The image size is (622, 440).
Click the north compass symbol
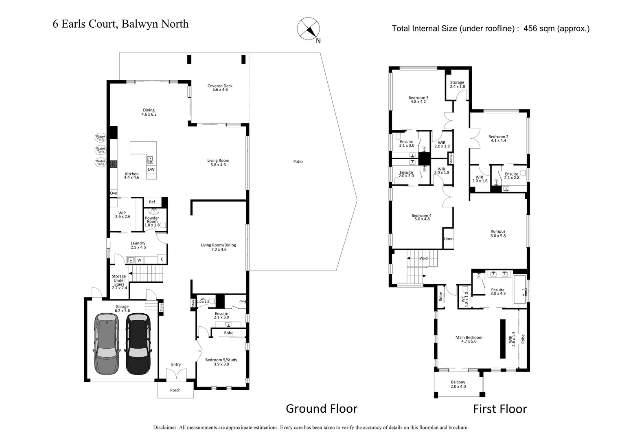tap(308, 29)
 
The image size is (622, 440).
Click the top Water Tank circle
tap(100, 138)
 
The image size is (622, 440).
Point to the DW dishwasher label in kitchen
tap(151, 169)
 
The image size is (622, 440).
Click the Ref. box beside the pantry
tap(152, 202)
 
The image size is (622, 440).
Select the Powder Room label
tap(152, 220)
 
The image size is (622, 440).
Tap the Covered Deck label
tap(220, 88)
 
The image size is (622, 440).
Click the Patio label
tap(298, 162)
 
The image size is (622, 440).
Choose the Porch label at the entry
tap(175, 390)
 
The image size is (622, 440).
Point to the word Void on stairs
tap(423, 258)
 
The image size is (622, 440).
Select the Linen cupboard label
tap(448, 239)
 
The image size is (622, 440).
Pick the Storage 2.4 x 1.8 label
tap(457, 84)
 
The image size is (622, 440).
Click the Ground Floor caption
tap(321, 409)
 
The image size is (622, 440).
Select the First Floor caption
tap(499, 409)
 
